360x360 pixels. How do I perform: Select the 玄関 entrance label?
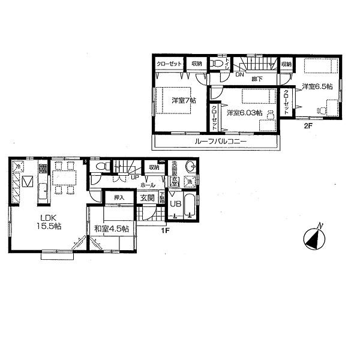pos(148,197)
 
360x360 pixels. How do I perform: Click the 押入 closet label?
pos(119,197)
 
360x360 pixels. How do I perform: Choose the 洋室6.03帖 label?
pos(242,112)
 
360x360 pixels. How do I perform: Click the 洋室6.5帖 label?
pos(317,86)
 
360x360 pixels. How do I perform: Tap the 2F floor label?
pos(307,126)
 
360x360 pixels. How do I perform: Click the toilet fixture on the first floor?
pos(101,166)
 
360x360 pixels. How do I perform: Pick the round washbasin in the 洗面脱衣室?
pos(191,166)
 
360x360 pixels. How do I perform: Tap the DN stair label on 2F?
pos(238,74)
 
